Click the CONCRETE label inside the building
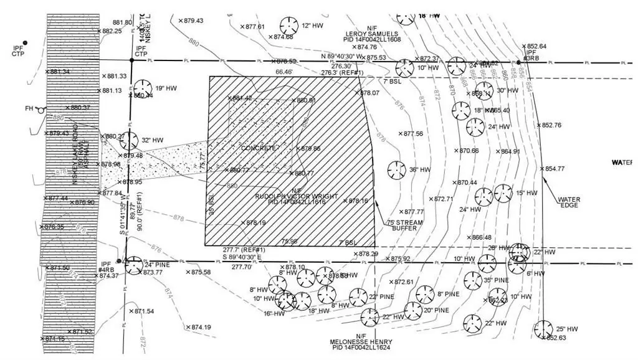259,149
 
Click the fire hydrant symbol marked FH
40,108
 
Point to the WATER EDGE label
569,203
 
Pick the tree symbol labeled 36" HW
394,169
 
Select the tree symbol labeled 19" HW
141,88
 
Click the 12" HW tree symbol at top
288,26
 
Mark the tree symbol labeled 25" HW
543,329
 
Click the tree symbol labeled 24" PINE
133,265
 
